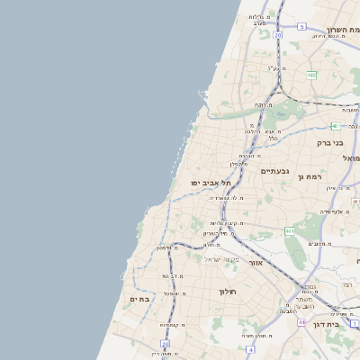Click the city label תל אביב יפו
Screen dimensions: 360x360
tap(207, 183)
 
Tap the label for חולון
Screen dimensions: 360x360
tap(227, 292)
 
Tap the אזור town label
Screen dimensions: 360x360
tap(255, 263)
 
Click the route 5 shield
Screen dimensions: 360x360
tap(302, 27)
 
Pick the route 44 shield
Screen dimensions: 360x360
tap(302, 322)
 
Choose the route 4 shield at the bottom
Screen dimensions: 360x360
tap(249, 347)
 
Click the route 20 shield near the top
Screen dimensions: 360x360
tap(278, 35)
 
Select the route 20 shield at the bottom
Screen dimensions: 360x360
tap(166, 343)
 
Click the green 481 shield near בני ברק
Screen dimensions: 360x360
tap(335, 126)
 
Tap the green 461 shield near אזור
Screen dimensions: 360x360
tap(290, 231)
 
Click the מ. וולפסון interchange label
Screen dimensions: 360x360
tap(165, 247)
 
